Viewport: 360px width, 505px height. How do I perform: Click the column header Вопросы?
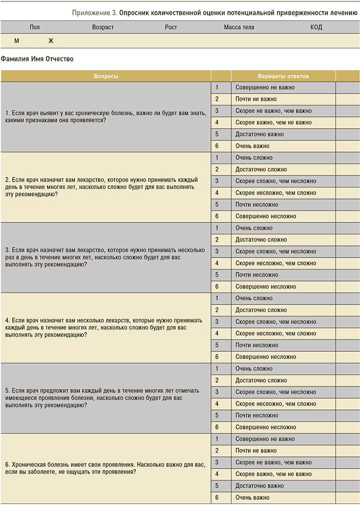click(x=105, y=76)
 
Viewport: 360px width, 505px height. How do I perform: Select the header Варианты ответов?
click(x=283, y=76)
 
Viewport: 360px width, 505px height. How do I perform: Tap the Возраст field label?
click(x=103, y=27)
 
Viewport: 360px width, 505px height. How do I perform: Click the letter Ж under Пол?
click(x=50, y=40)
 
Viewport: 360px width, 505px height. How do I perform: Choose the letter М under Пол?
click(x=16, y=40)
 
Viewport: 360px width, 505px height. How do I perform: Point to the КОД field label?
click(x=316, y=27)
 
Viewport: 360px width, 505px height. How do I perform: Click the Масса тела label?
click(x=239, y=27)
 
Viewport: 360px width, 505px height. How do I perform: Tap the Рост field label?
click(x=171, y=27)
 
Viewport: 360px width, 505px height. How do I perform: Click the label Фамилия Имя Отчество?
click(x=37, y=59)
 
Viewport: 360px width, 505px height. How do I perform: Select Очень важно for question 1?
click(x=252, y=146)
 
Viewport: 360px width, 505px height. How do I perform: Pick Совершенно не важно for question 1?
click(x=265, y=87)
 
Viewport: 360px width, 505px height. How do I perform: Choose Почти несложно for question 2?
click(x=256, y=204)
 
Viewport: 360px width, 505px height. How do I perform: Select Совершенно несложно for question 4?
click(x=265, y=357)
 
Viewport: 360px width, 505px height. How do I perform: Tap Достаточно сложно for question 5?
click(x=261, y=380)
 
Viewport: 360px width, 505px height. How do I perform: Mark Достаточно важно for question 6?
click(x=259, y=486)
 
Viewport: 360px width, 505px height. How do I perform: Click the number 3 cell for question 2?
click(x=217, y=181)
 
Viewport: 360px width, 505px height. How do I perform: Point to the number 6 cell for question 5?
click(x=217, y=427)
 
